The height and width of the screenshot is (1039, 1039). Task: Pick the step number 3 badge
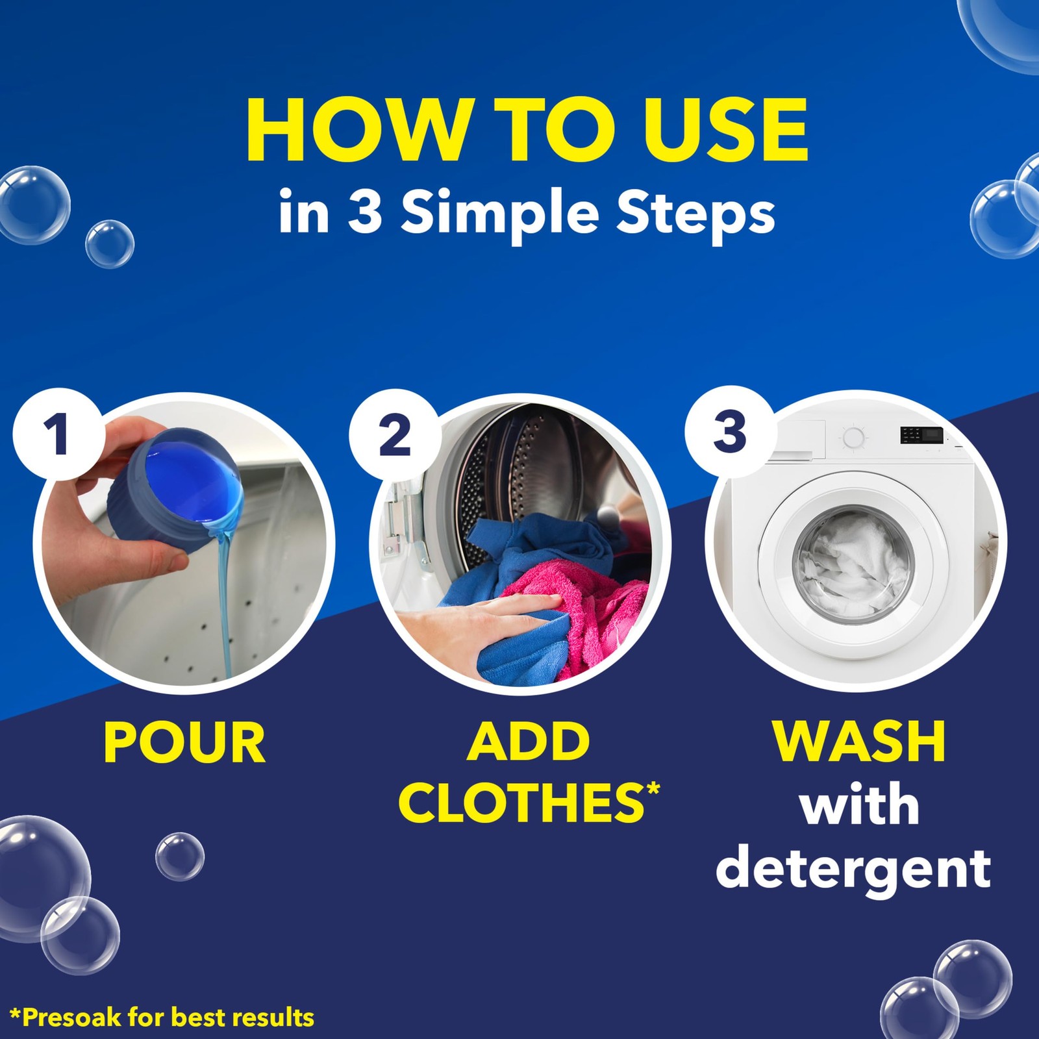[x=730, y=431]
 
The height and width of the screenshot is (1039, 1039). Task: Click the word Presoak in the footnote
[x=72, y=1017]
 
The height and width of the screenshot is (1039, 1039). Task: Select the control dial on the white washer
[x=853, y=438]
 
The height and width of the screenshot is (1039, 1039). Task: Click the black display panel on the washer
[x=921, y=435]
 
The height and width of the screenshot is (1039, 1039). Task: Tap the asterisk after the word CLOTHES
[x=653, y=789]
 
